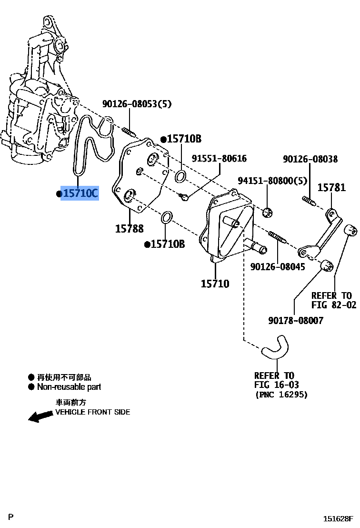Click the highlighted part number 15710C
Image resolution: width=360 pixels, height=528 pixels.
(x=80, y=193)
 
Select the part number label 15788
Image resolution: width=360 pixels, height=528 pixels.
(x=129, y=229)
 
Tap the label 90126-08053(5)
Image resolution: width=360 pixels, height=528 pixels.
(x=137, y=104)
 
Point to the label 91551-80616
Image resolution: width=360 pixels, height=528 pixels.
(x=219, y=159)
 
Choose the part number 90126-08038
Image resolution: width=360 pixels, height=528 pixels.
(x=310, y=159)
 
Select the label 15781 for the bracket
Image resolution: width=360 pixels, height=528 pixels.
(x=331, y=188)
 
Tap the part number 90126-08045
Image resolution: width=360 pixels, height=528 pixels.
(x=278, y=267)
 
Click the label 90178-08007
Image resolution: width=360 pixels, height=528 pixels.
(x=295, y=321)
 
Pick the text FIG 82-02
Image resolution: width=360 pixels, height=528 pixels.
(x=334, y=305)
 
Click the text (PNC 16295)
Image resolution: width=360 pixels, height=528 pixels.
(x=281, y=395)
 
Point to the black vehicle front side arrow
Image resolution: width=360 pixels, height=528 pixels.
(x=40, y=416)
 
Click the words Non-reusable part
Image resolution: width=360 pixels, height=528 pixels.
(x=69, y=387)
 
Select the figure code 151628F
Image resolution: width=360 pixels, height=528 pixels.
(x=339, y=518)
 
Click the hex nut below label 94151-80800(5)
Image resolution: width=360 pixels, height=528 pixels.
(x=268, y=212)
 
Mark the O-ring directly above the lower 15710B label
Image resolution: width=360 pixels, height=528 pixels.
(x=166, y=218)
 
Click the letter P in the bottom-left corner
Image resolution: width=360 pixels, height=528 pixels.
(x=11, y=517)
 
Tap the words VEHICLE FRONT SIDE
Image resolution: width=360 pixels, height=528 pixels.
(x=92, y=412)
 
